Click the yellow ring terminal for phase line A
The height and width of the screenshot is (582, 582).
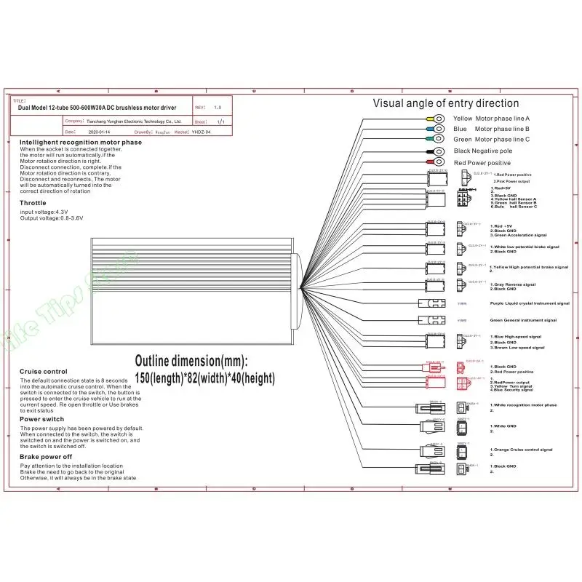coord(440,118)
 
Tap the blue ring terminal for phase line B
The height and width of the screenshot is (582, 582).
coord(440,129)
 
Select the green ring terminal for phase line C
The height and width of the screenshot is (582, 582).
coord(440,139)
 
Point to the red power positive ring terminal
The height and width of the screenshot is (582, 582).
coord(440,162)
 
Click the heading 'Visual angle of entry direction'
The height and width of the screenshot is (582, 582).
coord(446,103)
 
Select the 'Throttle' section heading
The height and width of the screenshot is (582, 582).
coord(33,203)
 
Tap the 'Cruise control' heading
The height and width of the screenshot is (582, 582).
coord(44,372)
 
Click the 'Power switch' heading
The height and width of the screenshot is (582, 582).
coord(41,419)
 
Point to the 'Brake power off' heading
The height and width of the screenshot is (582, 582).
coord(46,456)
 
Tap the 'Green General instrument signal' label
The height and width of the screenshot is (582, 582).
coord(523,320)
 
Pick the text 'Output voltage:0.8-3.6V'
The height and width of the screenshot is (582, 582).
coord(52,218)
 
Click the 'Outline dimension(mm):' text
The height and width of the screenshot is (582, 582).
coord(191,361)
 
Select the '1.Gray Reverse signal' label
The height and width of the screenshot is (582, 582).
coord(513,284)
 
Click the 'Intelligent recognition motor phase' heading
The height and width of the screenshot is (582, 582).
coord(81,143)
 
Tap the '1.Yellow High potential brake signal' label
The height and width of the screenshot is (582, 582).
coord(529,267)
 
